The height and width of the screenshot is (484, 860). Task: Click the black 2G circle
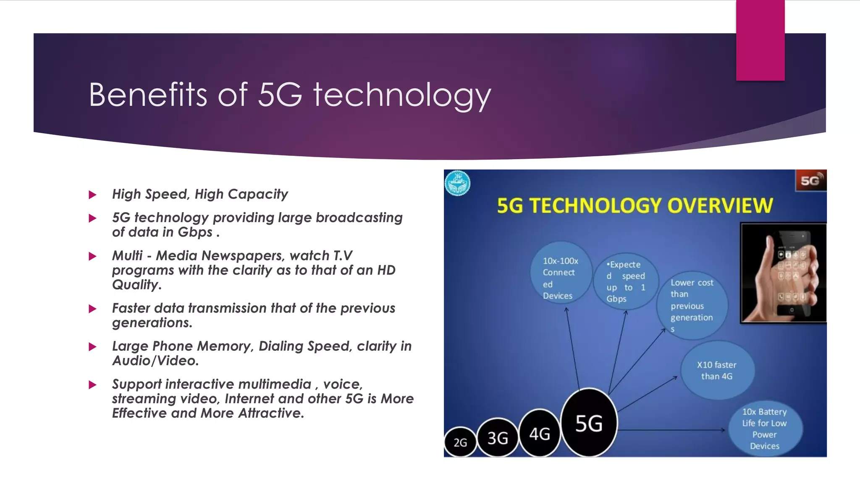pos(460,442)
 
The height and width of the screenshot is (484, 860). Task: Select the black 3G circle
pos(498,438)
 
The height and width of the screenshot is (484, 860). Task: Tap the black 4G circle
pos(540,433)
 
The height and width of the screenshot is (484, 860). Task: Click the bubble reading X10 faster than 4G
pos(717,371)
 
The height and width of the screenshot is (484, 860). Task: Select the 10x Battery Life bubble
pos(765,429)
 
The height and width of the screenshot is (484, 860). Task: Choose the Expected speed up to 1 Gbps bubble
pos(625,281)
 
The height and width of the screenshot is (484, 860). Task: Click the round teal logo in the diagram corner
pos(457,183)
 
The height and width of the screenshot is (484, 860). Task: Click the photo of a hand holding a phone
pos(783,273)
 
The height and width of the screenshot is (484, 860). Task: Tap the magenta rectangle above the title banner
pos(760,40)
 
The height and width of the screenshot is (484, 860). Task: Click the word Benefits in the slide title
pos(148,95)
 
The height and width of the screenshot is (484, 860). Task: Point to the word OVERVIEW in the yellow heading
pos(720,206)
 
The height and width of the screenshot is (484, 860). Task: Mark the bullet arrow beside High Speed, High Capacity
pos(93,195)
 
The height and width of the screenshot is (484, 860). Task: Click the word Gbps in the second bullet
pos(195,232)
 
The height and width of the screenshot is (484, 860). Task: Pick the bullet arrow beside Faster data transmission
pos(93,309)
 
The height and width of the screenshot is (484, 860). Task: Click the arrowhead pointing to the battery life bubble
pos(723,430)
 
